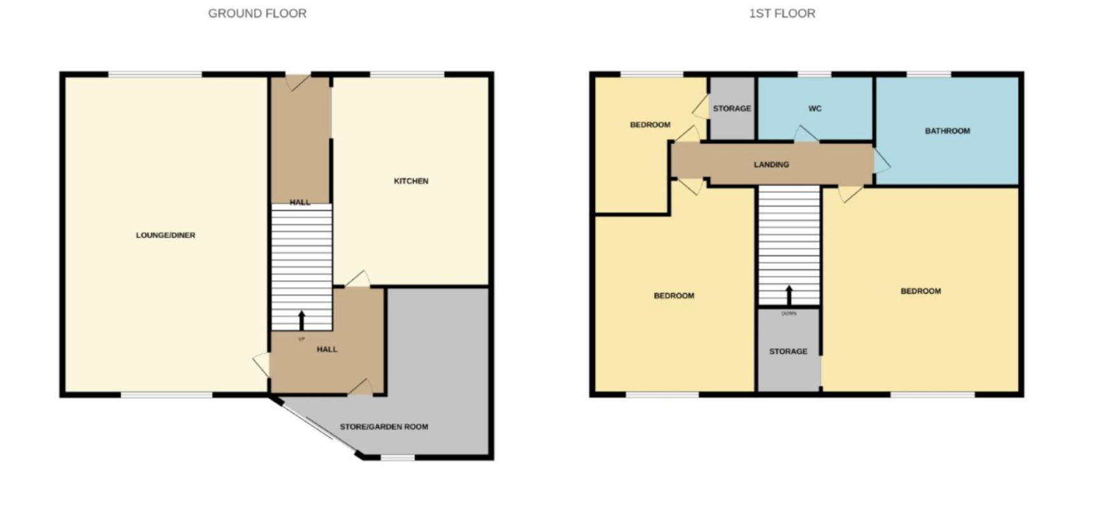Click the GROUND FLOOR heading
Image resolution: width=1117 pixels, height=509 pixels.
257,13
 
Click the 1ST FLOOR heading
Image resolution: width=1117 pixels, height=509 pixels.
782,13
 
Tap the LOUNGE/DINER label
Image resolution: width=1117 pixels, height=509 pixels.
165,235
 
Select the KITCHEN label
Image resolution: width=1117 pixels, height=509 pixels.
411,181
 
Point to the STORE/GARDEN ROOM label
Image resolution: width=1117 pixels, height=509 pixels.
384,427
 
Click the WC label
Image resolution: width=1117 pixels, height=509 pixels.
815,109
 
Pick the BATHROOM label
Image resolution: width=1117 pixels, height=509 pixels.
948,131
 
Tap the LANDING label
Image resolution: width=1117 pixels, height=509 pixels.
771,165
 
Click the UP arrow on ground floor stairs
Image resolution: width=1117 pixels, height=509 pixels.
302,320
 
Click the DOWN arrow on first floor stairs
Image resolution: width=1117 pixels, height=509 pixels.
789,295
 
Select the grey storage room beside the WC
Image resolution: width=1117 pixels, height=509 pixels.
732,108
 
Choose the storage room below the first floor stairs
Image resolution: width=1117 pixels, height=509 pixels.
789,350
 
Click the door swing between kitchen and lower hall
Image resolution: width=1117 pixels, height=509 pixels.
358,279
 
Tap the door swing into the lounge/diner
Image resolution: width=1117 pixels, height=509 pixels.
262,365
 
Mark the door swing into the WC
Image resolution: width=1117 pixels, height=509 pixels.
806,134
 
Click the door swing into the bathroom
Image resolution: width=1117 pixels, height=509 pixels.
882,161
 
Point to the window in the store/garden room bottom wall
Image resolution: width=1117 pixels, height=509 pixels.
397,457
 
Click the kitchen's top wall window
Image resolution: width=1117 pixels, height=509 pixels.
407,74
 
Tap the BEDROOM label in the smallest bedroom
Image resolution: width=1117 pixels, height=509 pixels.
650,125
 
